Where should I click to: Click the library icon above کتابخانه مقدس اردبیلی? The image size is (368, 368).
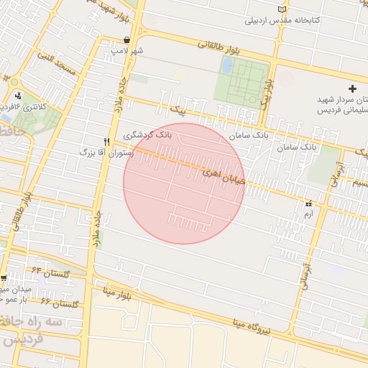(x=290, y=9)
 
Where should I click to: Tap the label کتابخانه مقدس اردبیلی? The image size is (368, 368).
(x=283, y=20)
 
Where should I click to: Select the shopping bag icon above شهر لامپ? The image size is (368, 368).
(x=127, y=40)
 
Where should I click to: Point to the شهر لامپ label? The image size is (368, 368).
(x=127, y=51)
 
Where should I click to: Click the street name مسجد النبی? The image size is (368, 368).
(x=57, y=66)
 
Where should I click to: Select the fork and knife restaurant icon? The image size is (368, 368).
(x=107, y=142)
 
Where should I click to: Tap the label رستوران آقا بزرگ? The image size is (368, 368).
(x=107, y=152)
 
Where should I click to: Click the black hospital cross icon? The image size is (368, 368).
(x=352, y=87)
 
